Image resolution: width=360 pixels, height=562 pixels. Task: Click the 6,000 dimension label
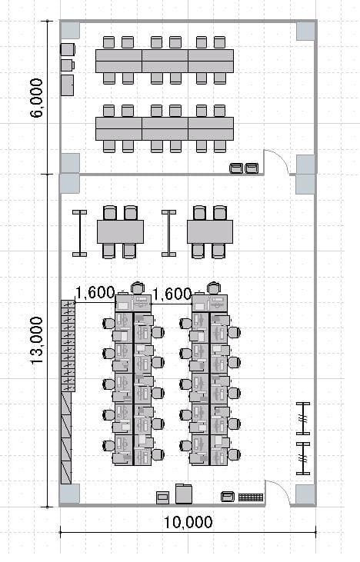pos(36,98)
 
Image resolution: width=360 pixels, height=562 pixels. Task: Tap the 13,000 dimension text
pos(36,340)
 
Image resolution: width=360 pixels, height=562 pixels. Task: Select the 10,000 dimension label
pos(188,523)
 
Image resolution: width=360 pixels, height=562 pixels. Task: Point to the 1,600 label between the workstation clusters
pos(172,294)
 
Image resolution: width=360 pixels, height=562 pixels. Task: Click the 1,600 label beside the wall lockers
pos(95,293)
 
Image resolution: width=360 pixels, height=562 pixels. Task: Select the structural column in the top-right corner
pos(305,31)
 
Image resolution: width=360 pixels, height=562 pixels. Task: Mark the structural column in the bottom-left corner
pos(69,494)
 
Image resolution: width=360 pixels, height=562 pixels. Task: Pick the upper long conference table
pos(165,62)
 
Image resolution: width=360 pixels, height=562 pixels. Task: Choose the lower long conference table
pos(165,128)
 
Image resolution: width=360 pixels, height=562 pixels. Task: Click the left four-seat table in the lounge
pos(120,232)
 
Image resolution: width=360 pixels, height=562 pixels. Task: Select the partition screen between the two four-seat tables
pos(168,233)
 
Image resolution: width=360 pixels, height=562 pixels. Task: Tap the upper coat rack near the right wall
pos(303,418)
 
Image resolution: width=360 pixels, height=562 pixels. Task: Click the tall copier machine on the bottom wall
pos(184,494)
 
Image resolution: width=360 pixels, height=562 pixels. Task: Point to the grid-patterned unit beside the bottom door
pos(251,497)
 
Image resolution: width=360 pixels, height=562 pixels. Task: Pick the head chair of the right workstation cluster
pos(214,288)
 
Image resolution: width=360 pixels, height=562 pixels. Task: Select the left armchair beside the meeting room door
pos(236,168)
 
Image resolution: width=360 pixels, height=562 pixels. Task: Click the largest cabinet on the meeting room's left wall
pos(67,85)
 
